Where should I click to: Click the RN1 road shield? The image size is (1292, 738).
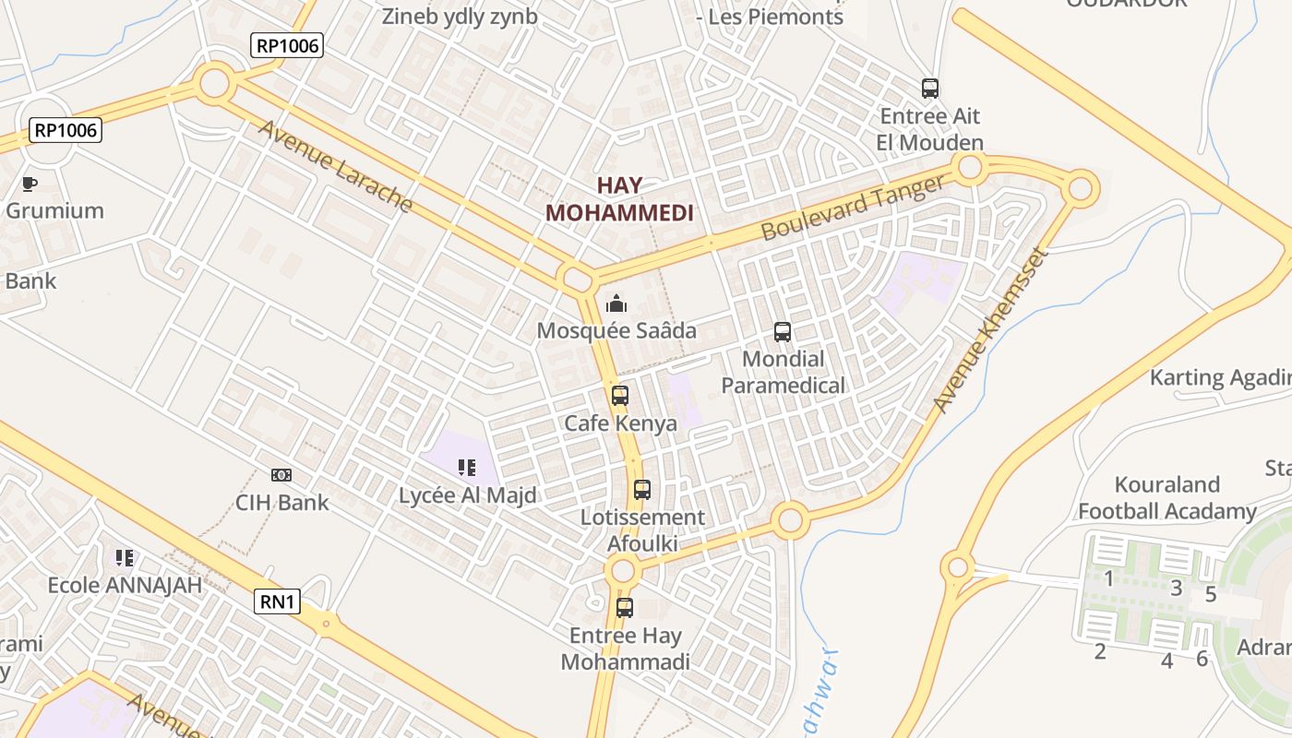(278, 602)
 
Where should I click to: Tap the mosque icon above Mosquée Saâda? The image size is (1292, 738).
(616, 303)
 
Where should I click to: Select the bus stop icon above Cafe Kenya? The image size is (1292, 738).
(620, 396)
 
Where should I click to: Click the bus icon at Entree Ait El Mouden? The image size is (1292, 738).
(930, 89)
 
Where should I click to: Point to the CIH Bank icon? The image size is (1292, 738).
(281, 475)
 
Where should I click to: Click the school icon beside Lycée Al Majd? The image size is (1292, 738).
(467, 468)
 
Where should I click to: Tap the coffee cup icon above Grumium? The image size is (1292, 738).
(30, 184)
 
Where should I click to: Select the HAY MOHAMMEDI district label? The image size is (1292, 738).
(619, 198)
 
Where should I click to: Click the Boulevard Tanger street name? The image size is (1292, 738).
(854, 208)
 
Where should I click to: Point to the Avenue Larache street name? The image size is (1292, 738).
(334, 166)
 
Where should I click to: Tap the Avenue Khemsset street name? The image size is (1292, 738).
(991, 330)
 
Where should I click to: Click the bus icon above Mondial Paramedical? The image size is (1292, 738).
(783, 331)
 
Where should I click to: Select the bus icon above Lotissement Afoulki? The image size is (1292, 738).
(642, 490)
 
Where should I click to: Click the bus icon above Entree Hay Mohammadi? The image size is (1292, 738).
(625, 608)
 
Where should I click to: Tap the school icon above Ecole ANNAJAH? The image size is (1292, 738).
(125, 557)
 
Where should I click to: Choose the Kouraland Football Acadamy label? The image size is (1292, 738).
(1167, 498)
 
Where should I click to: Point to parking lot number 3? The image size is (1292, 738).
(1176, 588)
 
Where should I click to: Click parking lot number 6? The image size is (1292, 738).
(1202, 659)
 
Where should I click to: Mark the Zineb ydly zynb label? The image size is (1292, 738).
(460, 17)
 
